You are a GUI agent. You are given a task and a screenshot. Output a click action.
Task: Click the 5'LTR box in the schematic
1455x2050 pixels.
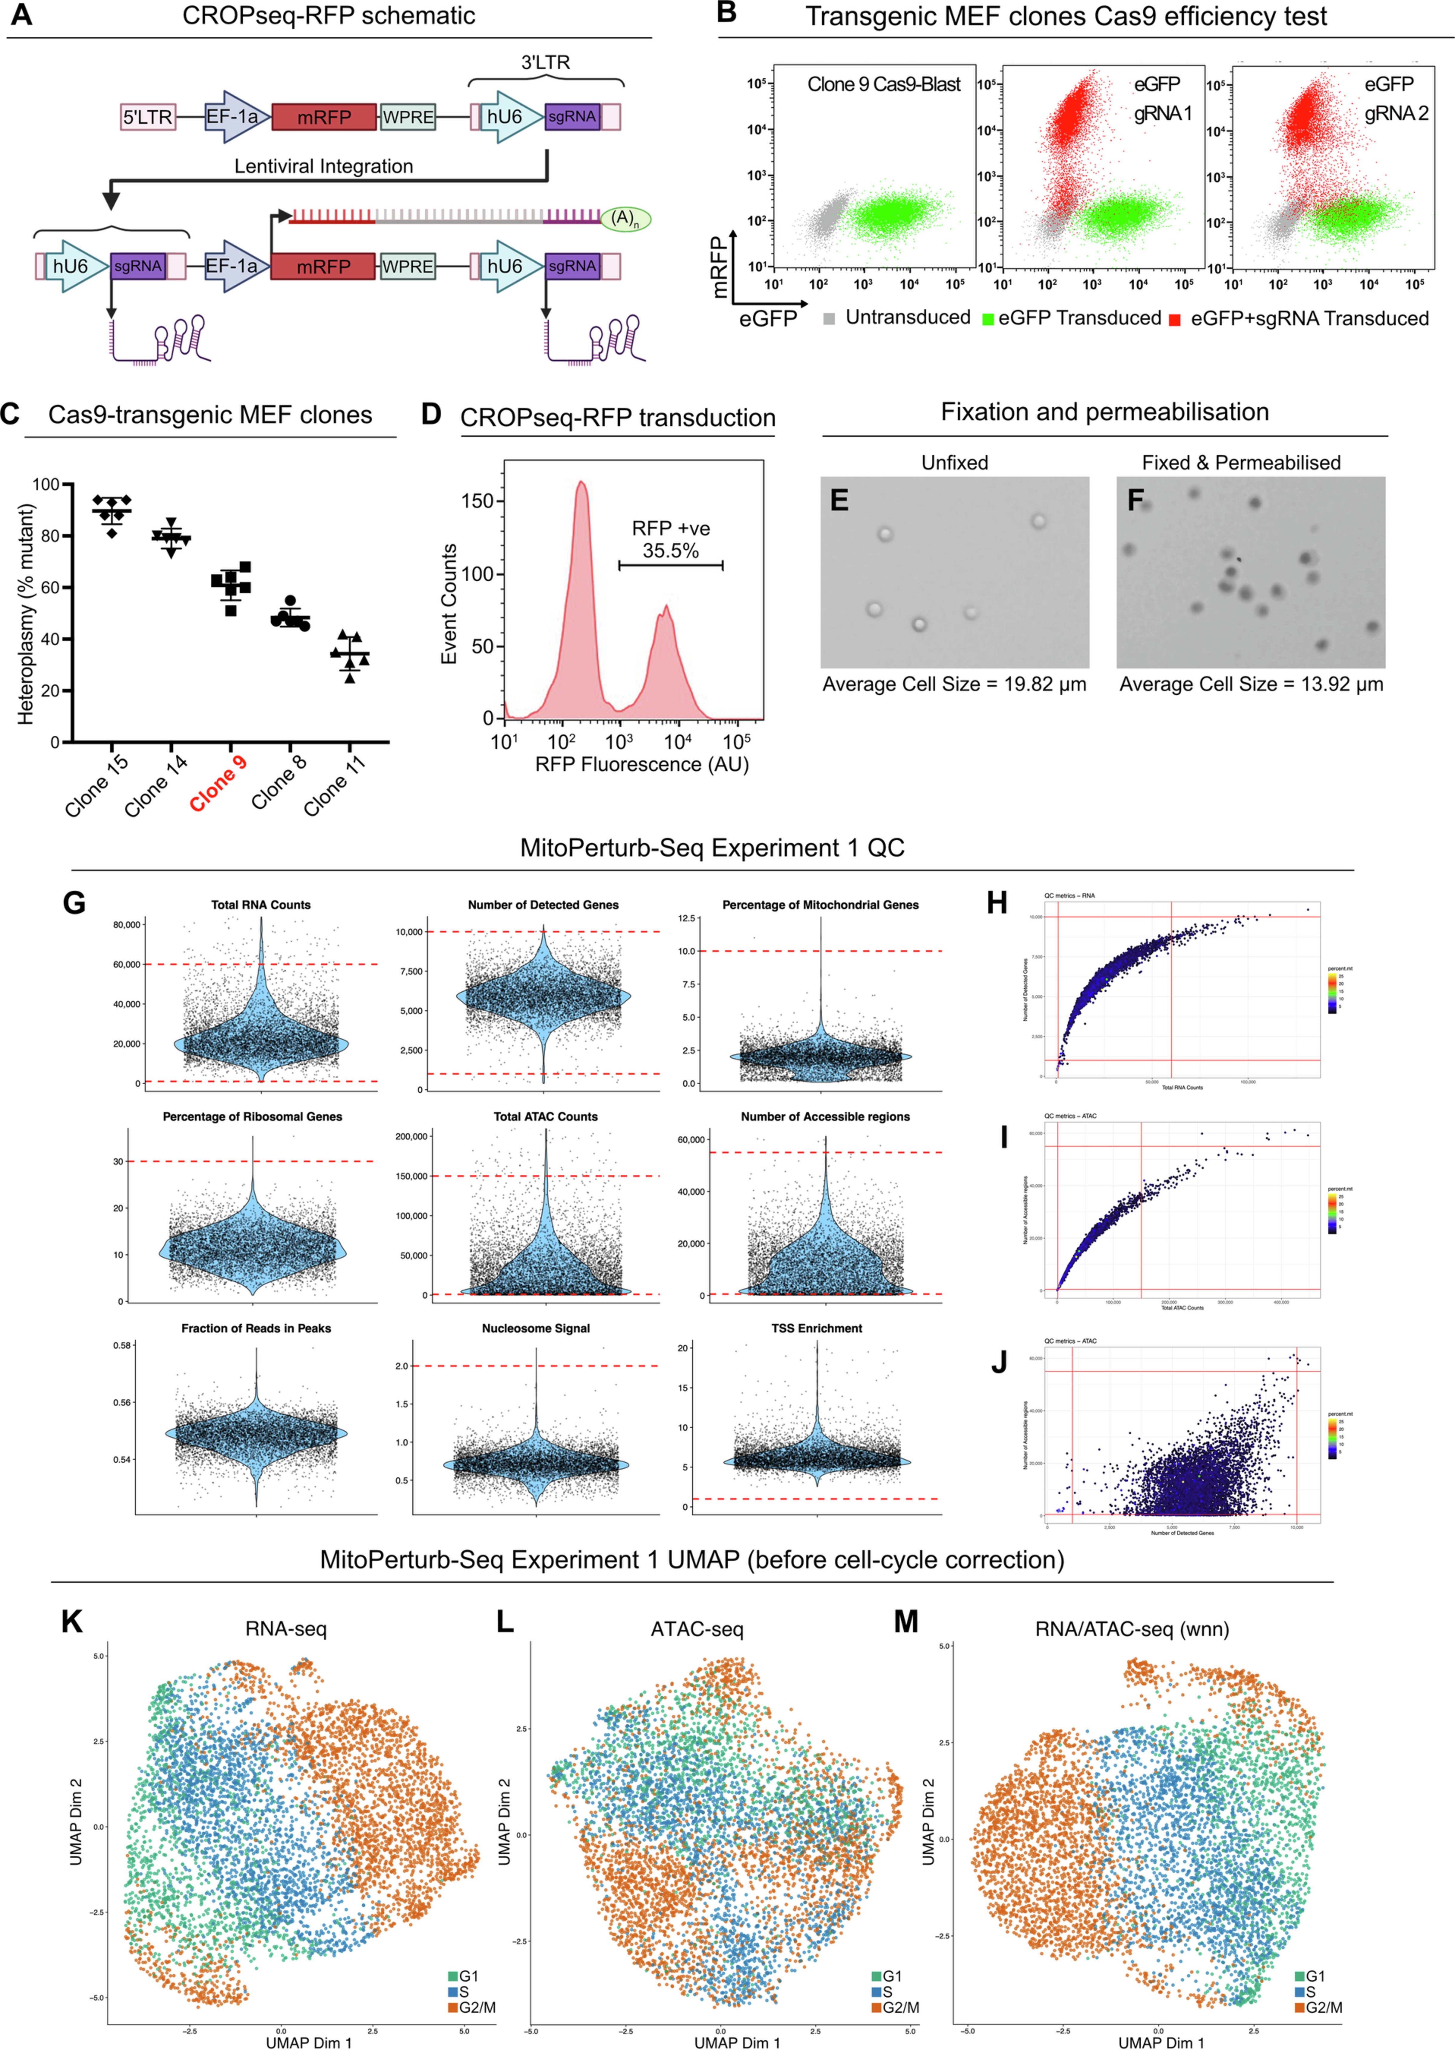(x=148, y=117)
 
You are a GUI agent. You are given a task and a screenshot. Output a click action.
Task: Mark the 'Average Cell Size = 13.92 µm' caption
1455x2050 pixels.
(x=1251, y=684)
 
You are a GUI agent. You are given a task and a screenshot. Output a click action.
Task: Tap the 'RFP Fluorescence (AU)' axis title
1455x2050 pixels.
(x=642, y=764)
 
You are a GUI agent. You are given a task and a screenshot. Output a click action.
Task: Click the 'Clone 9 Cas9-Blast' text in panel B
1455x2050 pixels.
(x=883, y=84)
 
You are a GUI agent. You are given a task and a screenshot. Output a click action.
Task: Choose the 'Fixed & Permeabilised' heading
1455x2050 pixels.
(x=1241, y=463)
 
